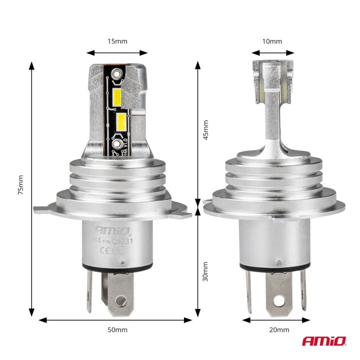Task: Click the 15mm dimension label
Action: [x=117, y=41]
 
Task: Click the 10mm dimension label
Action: [x=272, y=41]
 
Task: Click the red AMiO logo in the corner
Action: [x=323, y=341]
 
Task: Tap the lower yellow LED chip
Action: [x=121, y=120]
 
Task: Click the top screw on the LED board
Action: [x=117, y=74]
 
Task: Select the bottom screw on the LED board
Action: [x=117, y=144]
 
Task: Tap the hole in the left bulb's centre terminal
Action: [x=119, y=300]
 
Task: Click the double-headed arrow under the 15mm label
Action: [x=117, y=52]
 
